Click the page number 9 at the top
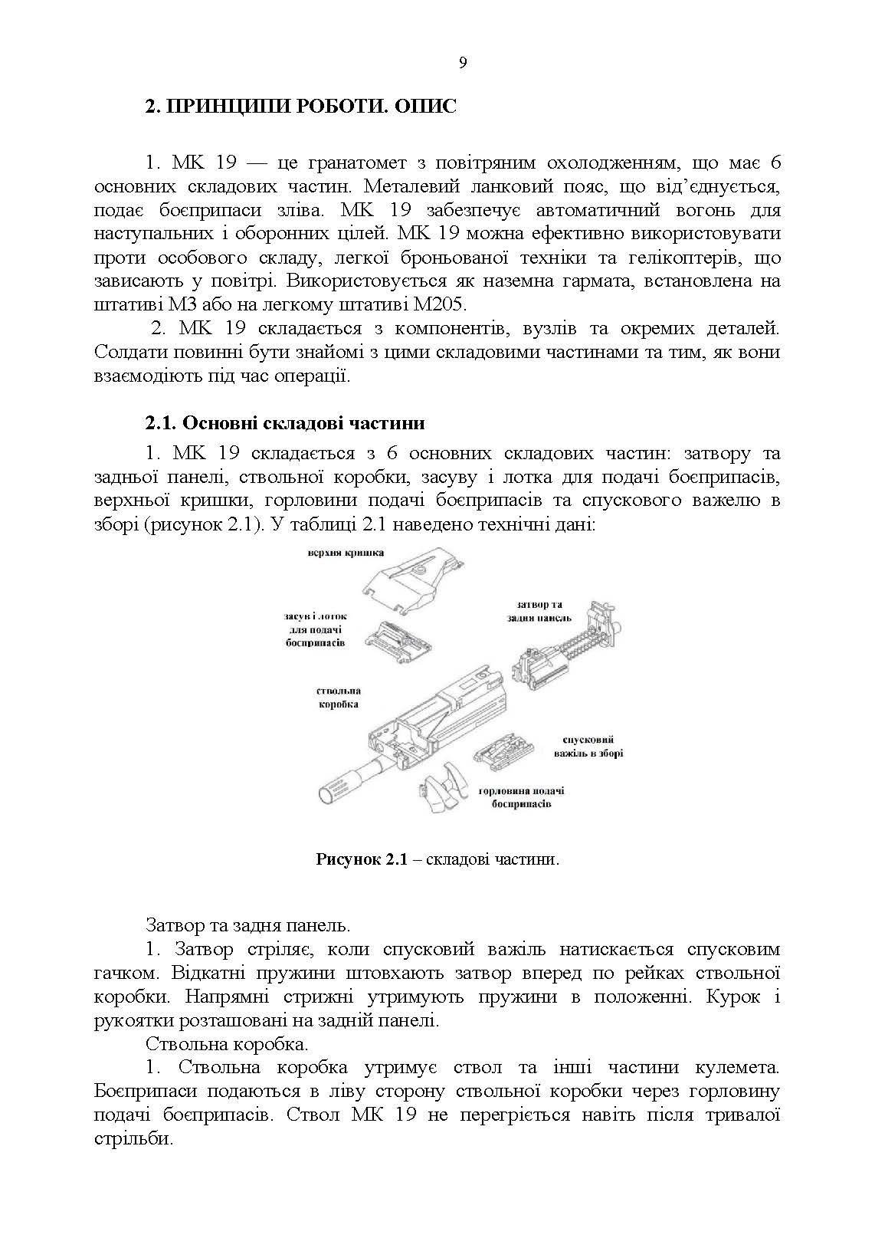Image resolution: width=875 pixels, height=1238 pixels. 462,64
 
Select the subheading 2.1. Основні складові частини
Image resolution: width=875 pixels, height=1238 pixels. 285,423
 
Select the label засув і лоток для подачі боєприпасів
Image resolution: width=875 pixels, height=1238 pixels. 315,629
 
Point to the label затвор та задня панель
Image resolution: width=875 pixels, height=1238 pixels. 539,611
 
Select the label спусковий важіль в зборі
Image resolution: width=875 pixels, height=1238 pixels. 588,747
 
